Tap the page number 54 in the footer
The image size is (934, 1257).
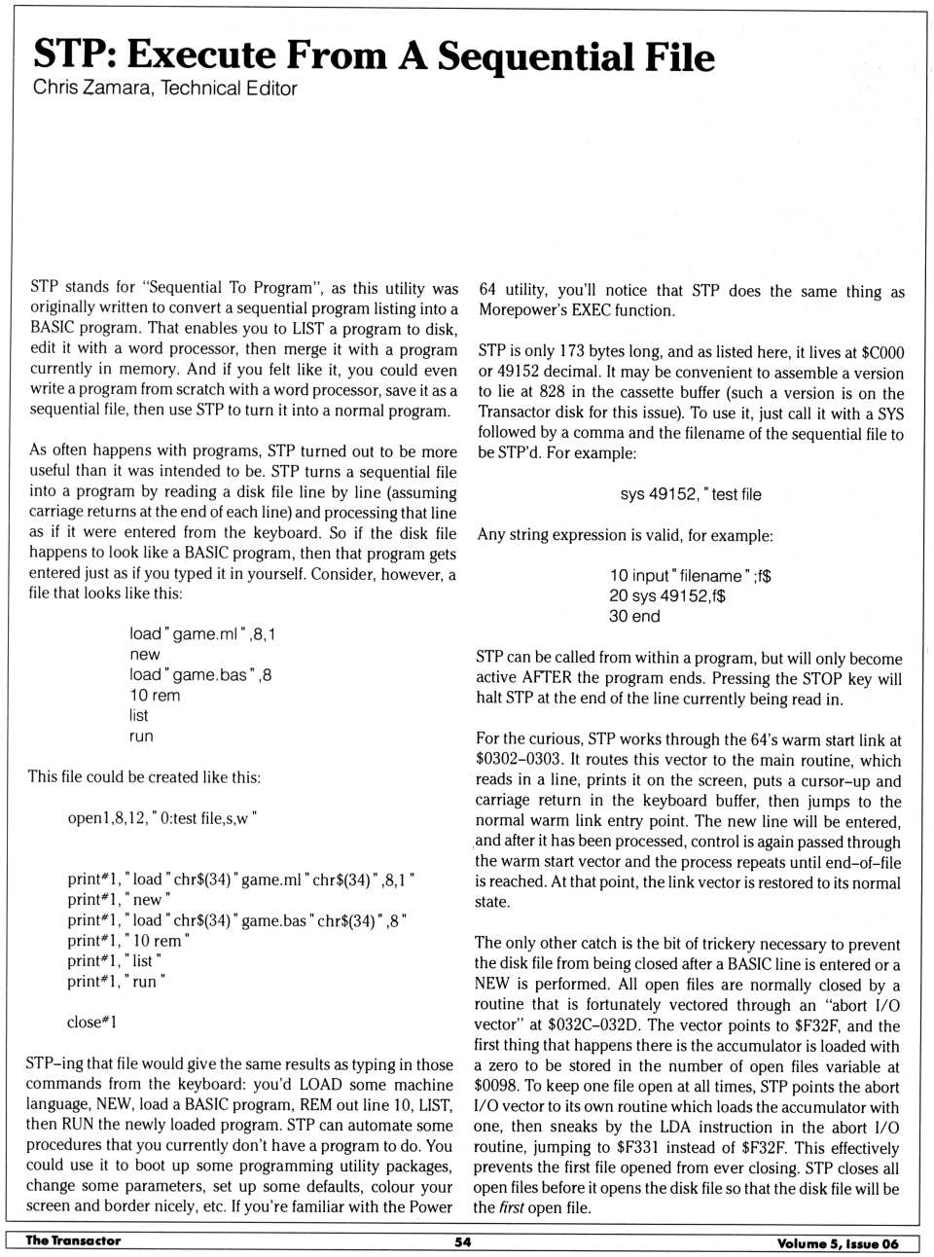click(463, 1242)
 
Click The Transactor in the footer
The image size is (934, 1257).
click(73, 1240)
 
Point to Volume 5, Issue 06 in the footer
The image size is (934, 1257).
click(838, 1243)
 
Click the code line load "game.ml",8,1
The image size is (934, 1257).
click(202, 634)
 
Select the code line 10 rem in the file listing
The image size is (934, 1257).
click(155, 696)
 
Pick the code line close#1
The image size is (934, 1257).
click(91, 1023)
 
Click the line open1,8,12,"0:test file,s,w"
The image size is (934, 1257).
click(162, 818)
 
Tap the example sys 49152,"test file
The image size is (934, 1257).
click(691, 494)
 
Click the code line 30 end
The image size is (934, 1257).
click(634, 617)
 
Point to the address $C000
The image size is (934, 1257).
click(882, 353)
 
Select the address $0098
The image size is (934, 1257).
click(497, 1087)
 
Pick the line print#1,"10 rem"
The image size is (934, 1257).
click(128, 941)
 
